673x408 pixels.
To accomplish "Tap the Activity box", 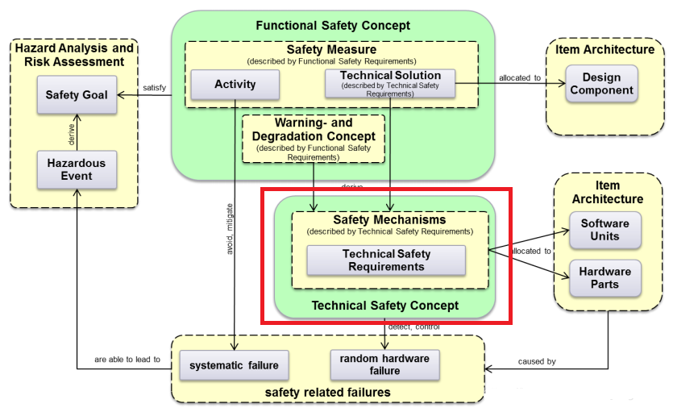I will point(235,85).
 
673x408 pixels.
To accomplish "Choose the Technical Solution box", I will point(390,81).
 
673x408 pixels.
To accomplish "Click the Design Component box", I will point(601,84).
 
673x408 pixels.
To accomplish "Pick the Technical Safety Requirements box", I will point(386,260).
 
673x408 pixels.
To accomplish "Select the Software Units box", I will point(605,230).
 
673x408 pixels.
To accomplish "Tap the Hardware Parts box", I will point(605,277).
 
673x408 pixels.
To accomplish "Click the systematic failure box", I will point(234,365).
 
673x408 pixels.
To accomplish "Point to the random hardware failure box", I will point(385,364).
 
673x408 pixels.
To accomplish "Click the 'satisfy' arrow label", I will point(154,88).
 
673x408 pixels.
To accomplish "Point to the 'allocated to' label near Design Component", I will point(520,77).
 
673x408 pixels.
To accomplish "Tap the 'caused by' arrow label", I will point(536,361).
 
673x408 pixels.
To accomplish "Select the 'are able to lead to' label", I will point(127,360).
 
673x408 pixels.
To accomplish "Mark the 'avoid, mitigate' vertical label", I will point(229,231).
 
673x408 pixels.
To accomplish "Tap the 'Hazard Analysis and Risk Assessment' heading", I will point(74,56).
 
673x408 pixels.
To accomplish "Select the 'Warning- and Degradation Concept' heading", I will point(314,130).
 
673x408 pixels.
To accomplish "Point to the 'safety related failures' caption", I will point(327,393).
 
